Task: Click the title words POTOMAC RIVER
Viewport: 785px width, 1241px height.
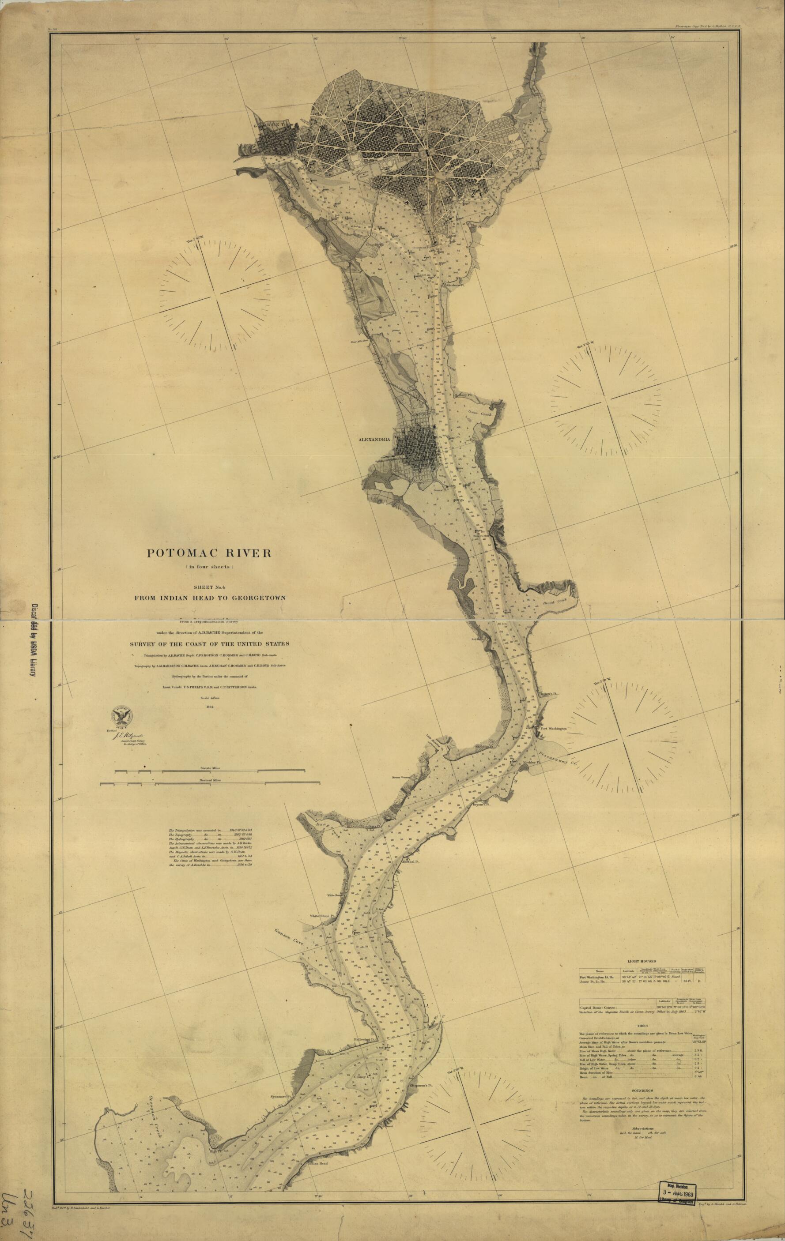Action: pos(209,553)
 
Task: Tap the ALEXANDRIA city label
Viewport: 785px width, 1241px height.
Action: pos(375,440)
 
